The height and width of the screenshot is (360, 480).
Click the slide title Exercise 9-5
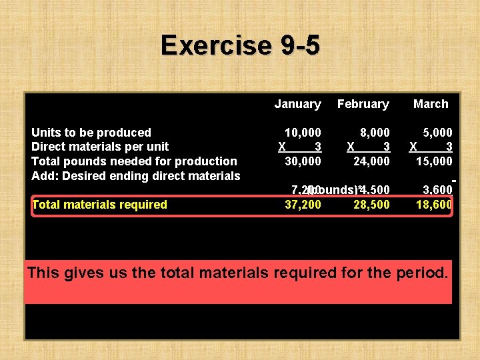[240, 45]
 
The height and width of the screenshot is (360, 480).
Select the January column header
[297, 104]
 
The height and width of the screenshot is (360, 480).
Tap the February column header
[363, 104]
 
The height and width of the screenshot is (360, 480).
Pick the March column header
[431, 104]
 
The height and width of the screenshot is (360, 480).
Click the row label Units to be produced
[91, 133]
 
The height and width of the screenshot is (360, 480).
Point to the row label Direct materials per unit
[100, 147]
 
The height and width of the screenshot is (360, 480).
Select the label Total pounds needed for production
[134, 161]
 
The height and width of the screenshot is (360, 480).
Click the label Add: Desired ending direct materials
[136, 176]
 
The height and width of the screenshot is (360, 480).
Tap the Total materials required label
[99, 205]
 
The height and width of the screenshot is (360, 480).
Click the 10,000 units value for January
[303, 133]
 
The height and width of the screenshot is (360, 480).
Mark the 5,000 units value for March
[437, 133]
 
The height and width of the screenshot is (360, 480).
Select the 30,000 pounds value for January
[303, 161]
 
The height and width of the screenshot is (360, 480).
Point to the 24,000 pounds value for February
[371, 161]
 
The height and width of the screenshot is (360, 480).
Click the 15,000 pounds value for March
[434, 161]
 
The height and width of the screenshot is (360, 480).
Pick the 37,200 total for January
[303, 205]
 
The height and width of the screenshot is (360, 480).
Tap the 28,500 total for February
[371, 205]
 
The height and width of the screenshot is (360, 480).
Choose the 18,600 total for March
[434, 205]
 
